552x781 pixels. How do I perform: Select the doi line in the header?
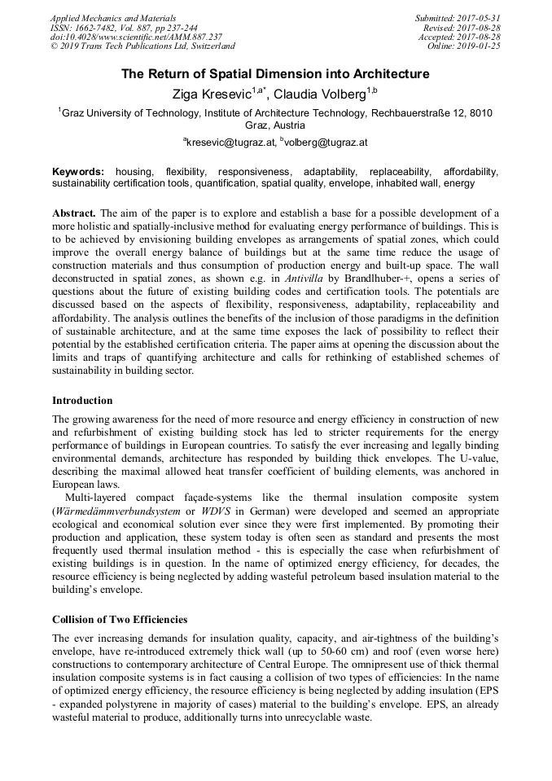(136, 37)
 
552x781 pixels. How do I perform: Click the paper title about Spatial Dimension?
(275, 74)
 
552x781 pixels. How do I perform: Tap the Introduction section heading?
(82, 401)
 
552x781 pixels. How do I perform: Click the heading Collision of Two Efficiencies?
(120, 619)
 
